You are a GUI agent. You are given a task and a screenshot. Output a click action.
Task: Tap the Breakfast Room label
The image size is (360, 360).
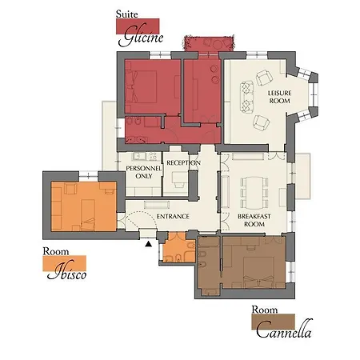pyautogui.click(x=251, y=221)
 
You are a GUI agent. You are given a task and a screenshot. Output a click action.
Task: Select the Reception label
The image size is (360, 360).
pyautogui.click(x=183, y=163)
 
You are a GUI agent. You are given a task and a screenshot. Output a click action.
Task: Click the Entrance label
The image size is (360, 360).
pyautogui.click(x=173, y=217)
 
